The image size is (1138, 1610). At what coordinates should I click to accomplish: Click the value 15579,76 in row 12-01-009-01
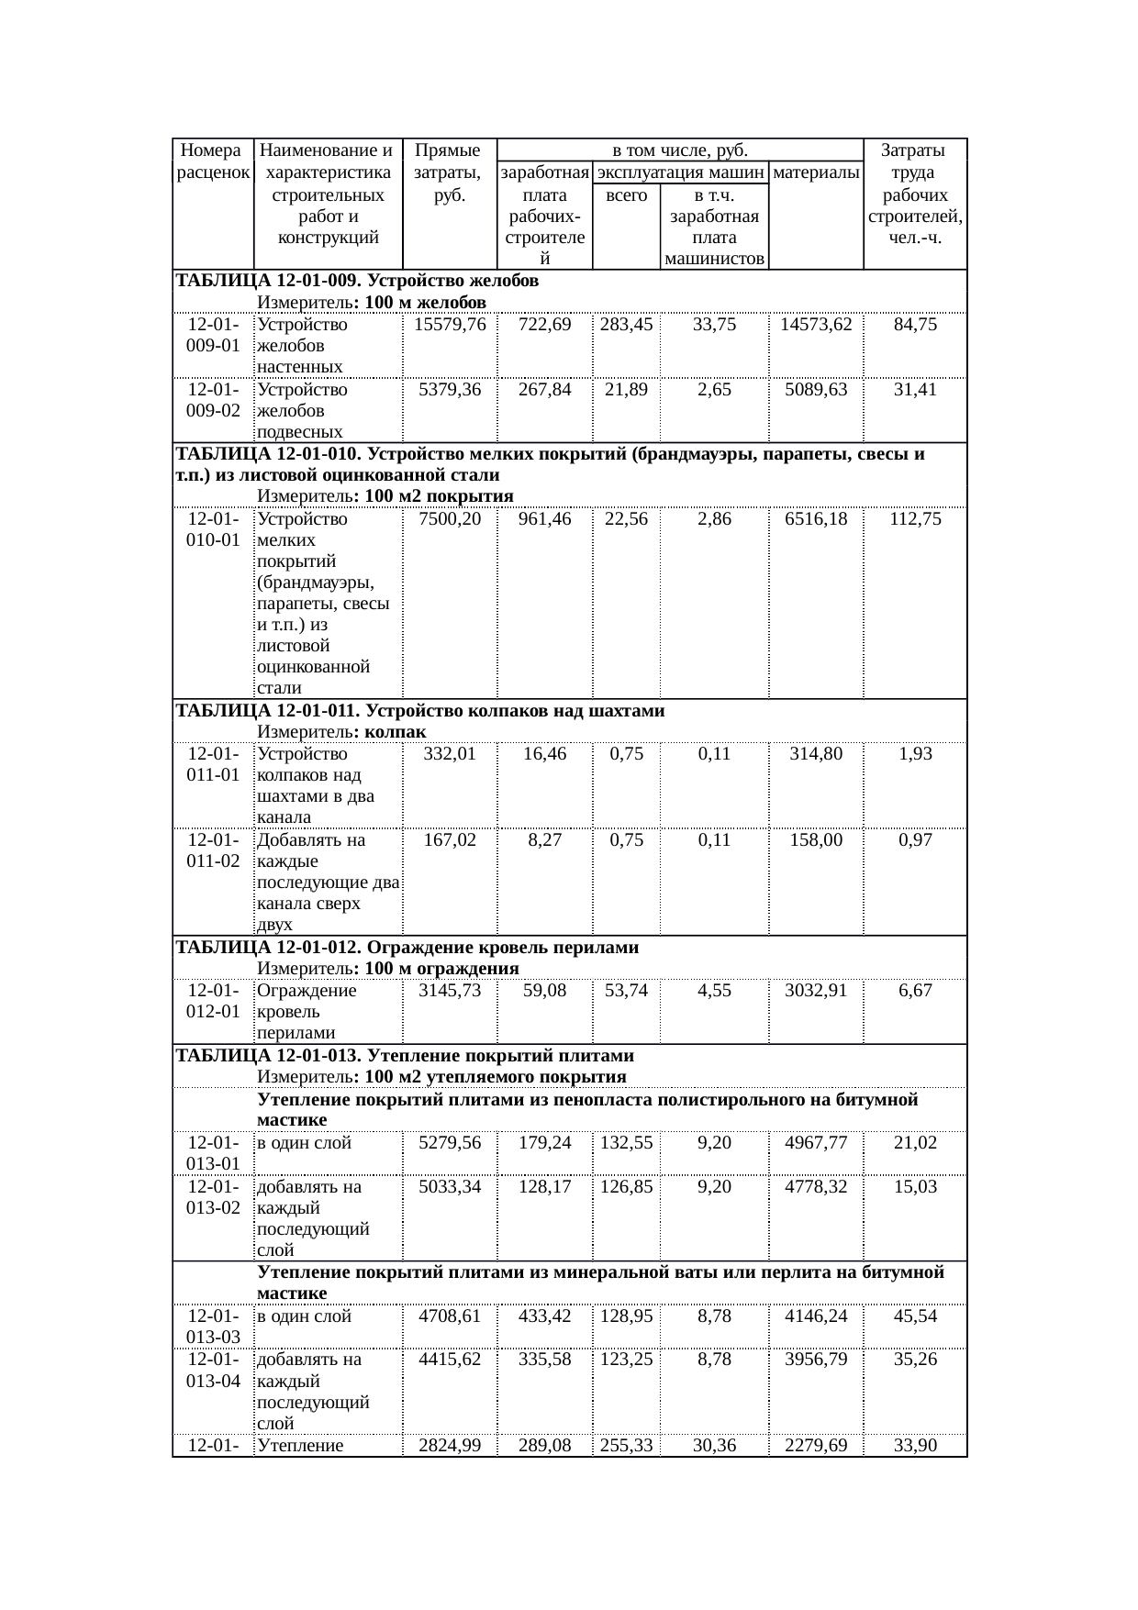pyautogui.click(x=450, y=325)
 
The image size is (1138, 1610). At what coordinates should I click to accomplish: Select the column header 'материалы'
pyautogui.click(x=816, y=172)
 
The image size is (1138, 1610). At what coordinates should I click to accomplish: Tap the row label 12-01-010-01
pyautogui.click(x=213, y=529)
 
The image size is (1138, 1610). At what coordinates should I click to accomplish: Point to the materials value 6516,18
pyautogui.click(x=816, y=519)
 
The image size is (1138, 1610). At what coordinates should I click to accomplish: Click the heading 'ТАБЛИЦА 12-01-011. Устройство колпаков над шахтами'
pyautogui.click(x=420, y=711)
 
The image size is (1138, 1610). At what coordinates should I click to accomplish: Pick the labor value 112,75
pyautogui.click(x=915, y=519)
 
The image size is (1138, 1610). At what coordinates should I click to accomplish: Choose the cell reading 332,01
pyautogui.click(x=450, y=754)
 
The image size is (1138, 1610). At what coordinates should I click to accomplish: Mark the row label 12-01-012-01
pyautogui.click(x=213, y=1001)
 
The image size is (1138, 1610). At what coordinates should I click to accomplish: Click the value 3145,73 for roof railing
pyautogui.click(x=450, y=991)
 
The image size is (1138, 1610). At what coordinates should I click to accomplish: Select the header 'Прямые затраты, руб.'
pyautogui.click(x=450, y=172)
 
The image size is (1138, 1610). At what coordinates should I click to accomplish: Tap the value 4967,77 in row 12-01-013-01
pyautogui.click(x=816, y=1143)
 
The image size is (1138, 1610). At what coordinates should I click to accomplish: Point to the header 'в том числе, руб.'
pyautogui.click(x=679, y=150)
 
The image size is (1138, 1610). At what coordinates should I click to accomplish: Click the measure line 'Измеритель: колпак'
pyautogui.click(x=341, y=732)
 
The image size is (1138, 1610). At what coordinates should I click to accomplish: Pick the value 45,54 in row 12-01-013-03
pyautogui.click(x=915, y=1316)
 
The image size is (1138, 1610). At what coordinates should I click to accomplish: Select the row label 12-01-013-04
pyautogui.click(x=213, y=1369)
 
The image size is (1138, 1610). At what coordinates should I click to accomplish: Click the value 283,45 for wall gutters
pyautogui.click(x=626, y=325)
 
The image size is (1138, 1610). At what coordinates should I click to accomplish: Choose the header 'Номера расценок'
pyautogui.click(x=213, y=161)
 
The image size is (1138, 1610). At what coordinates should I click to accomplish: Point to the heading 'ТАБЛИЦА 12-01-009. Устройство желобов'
pyautogui.click(x=357, y=281)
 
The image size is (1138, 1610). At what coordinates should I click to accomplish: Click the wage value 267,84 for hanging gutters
pyautogui.click(x=545, y=390)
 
